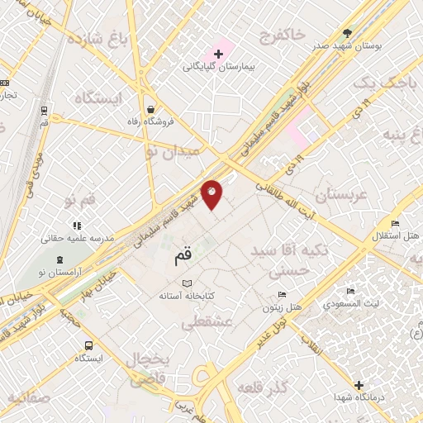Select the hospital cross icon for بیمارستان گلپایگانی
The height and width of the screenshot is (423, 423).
pyautogui.click(x=218, y=54)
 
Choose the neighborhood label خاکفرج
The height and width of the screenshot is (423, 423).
pyautogui.click(x=282, y=36)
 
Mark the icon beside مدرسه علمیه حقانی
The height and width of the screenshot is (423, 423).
pyautogui.click(x=76, y=225)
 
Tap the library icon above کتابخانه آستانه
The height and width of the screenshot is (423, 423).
pyautogui.click(x=186, y=284)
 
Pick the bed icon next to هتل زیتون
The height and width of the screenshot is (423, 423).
pyautogui.click(x=283, y=295)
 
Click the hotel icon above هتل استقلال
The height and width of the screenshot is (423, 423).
pyautogui.click(x=395, y=224)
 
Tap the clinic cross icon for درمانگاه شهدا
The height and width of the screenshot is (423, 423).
pyautogui.click(x=359, y=385)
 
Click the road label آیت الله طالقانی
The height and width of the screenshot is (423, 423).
pyautogui.click(x=283, y=196)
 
